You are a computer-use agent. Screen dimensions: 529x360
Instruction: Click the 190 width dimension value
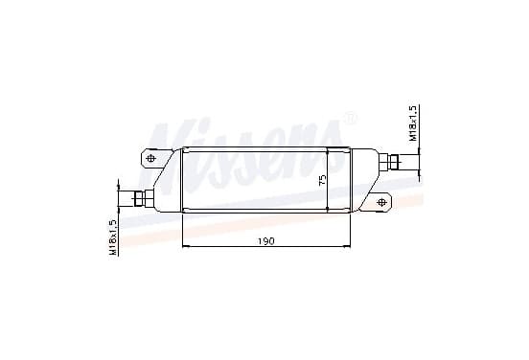[x=266, y=241]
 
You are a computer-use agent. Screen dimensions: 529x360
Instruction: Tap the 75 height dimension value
[x=323, y=180]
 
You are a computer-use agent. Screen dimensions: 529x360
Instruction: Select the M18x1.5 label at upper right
[x=414, y=123]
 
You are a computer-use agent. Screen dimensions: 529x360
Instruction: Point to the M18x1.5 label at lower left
[x=113, y=236]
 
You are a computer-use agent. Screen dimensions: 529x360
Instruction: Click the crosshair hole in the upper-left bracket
[x=150, y=158]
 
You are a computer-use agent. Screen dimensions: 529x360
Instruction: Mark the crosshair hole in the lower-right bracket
[x=381, y=202]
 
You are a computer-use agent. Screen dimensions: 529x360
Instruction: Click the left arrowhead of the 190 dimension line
[x=185, y=247]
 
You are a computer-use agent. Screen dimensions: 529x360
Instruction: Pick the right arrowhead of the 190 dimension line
[x=348, y=247]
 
